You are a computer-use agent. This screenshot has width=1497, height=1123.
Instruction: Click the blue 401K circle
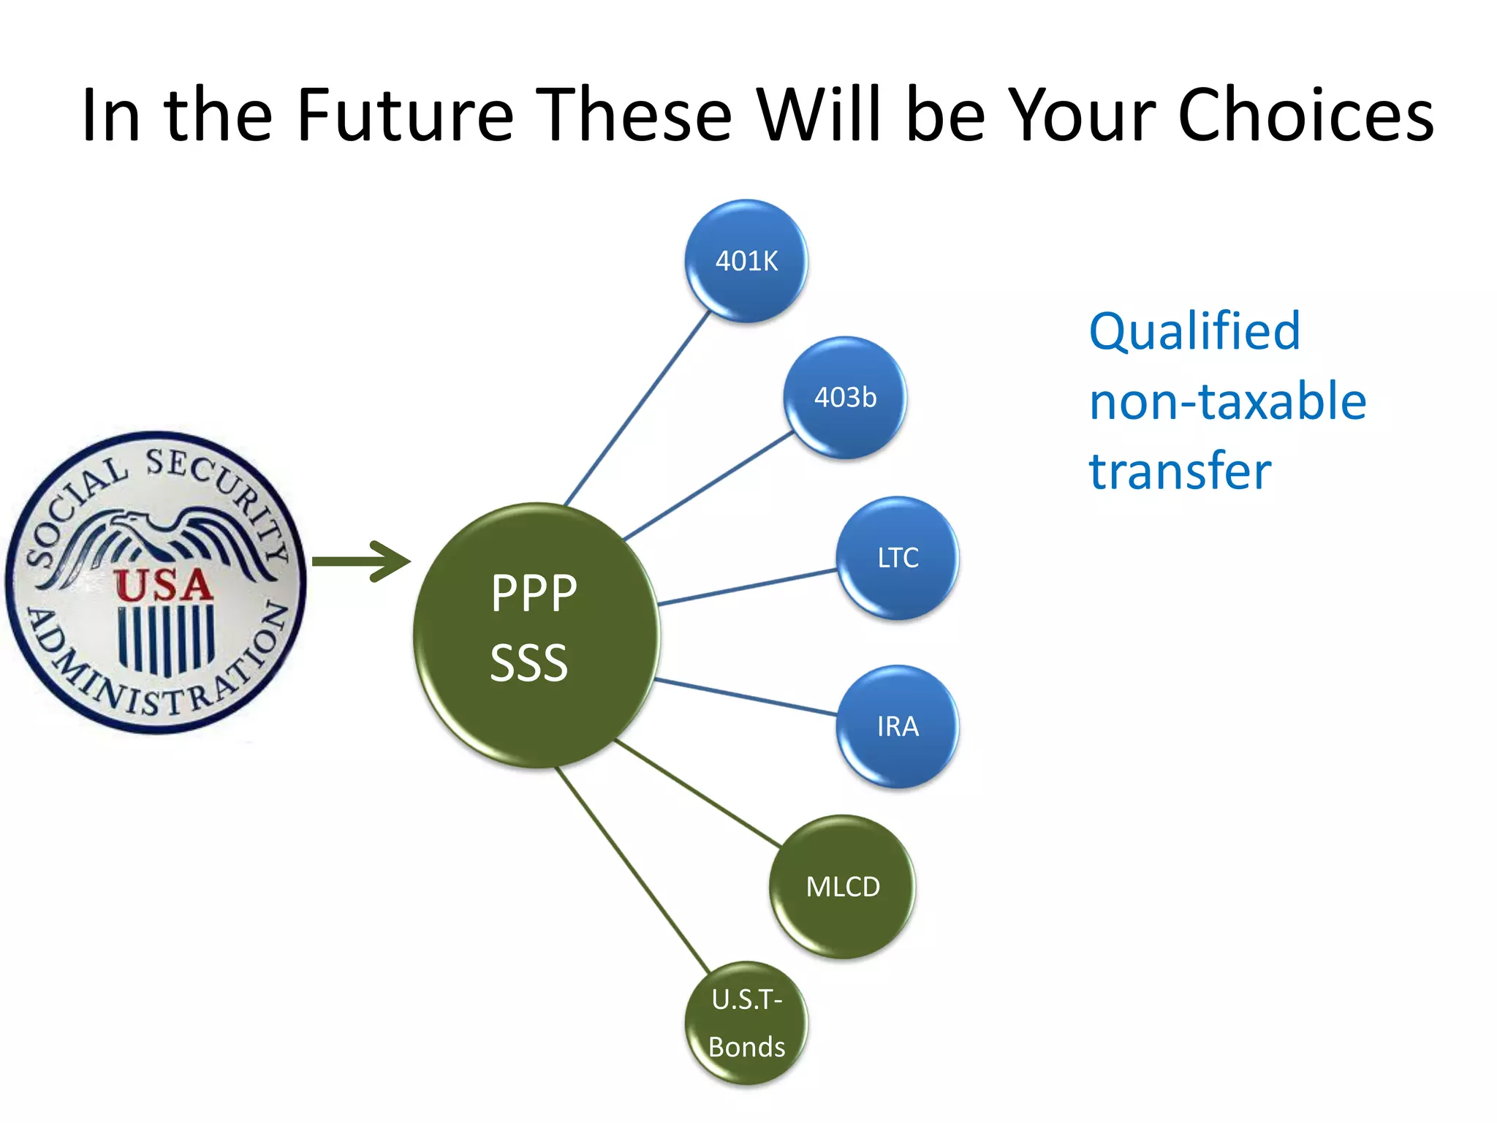click(x=746, y=261)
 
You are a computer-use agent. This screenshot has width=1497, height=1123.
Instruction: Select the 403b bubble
click(x=845, y=398)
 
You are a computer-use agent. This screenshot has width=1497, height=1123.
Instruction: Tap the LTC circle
click(x=898, y=558)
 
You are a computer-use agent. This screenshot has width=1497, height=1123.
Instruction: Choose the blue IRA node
click(x=898, y=726)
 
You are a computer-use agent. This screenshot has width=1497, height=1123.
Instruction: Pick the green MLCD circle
click(x=842, y=887)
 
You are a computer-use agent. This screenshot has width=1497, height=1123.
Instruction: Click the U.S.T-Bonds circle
click(x=746, y=1023)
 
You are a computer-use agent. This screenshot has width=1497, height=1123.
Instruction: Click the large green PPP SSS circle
click(x=536, y=635)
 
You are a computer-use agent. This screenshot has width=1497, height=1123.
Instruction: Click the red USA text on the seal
click(x=162, y=585)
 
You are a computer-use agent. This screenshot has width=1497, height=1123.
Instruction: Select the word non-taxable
click(x=1227, y=401)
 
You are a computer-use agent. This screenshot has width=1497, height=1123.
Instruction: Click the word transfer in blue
click(x=1180, y=471)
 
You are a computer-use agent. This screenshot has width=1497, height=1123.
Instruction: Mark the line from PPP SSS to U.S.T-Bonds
click(x=633, y=870)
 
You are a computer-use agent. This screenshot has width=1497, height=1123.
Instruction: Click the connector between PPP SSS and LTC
click(x=747, y=587)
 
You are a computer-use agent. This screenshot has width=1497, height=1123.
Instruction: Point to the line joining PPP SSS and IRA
click(x=746, y=697)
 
